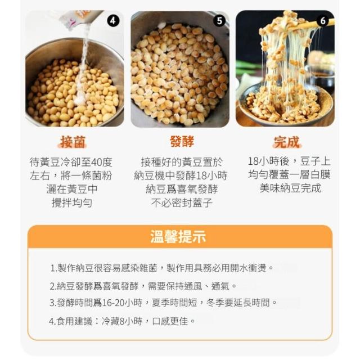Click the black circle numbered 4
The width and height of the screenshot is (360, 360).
point(113,21)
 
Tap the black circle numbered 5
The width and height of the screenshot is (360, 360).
point(219,21)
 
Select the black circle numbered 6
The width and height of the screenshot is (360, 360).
point(323,21)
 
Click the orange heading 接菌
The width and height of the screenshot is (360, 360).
point(73,141)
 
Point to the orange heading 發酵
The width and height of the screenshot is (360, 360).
point(182,141)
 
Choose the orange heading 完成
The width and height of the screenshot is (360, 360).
point(287,142)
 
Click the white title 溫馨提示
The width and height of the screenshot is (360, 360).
point(178,236)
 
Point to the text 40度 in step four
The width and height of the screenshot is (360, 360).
point(102,162)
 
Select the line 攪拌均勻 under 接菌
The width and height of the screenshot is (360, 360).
point(72,202)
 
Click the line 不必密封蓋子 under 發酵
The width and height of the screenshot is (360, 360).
point(182,202)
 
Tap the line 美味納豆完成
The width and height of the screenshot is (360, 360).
point(290,188)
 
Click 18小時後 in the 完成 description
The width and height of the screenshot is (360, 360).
point(268,161)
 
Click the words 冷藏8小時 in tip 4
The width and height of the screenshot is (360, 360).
point(122,321)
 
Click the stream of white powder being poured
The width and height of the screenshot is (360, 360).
point(83,69)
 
